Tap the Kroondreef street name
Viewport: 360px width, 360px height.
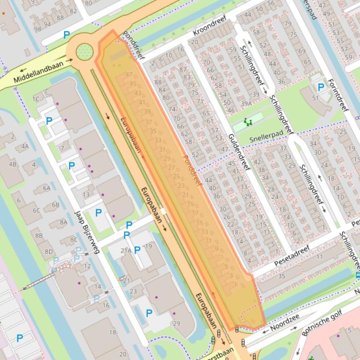tap(209, 26)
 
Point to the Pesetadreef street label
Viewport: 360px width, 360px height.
tap(292, 255)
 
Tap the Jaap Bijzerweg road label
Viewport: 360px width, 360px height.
tap(87, 232)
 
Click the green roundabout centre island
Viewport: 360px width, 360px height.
tap(84, 51)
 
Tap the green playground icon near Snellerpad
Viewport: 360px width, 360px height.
tap(248, 122)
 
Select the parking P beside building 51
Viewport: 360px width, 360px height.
tap(321, 87)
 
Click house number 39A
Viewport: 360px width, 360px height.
tap(247, 104)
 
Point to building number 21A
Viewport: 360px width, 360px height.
tap(126, 251)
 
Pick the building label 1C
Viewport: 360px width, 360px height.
tap(36, 99)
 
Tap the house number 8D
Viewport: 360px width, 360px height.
tap(49, 252)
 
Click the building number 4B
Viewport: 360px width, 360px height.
tap(13, 164)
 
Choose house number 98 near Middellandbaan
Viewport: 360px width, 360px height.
tap(37, 29)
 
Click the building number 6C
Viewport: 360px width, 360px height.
tap(36, 210)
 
